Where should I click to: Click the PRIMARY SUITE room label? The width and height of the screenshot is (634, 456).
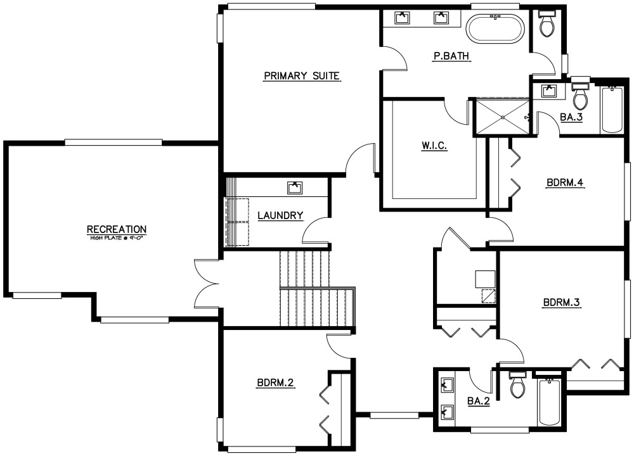(x=302, y=77)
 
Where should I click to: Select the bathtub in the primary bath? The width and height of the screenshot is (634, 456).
(x=496, y=28)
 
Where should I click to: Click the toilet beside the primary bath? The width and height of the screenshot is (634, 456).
(x=546, y=24)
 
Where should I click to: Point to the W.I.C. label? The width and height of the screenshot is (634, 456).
(x=434, y=146)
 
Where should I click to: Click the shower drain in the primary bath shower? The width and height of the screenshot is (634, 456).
(x=503, y=117)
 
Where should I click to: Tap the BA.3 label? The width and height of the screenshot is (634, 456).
(x=571, y=117)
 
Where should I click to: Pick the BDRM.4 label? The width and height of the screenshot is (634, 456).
(x=564, y=184)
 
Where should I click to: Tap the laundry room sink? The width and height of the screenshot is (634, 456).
(x=295, y=187)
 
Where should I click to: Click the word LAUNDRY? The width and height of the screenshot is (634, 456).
(x=280, y=216)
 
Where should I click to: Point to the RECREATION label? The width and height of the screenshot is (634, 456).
(x=117, y=229)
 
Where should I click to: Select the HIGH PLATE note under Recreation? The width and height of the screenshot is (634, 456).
(x=117, y=238)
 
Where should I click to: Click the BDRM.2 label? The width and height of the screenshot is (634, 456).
(x=276, y=383)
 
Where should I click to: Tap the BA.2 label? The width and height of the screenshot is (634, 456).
(x=478, y=400)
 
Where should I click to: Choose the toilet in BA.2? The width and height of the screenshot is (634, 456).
(x=518, y=385)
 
